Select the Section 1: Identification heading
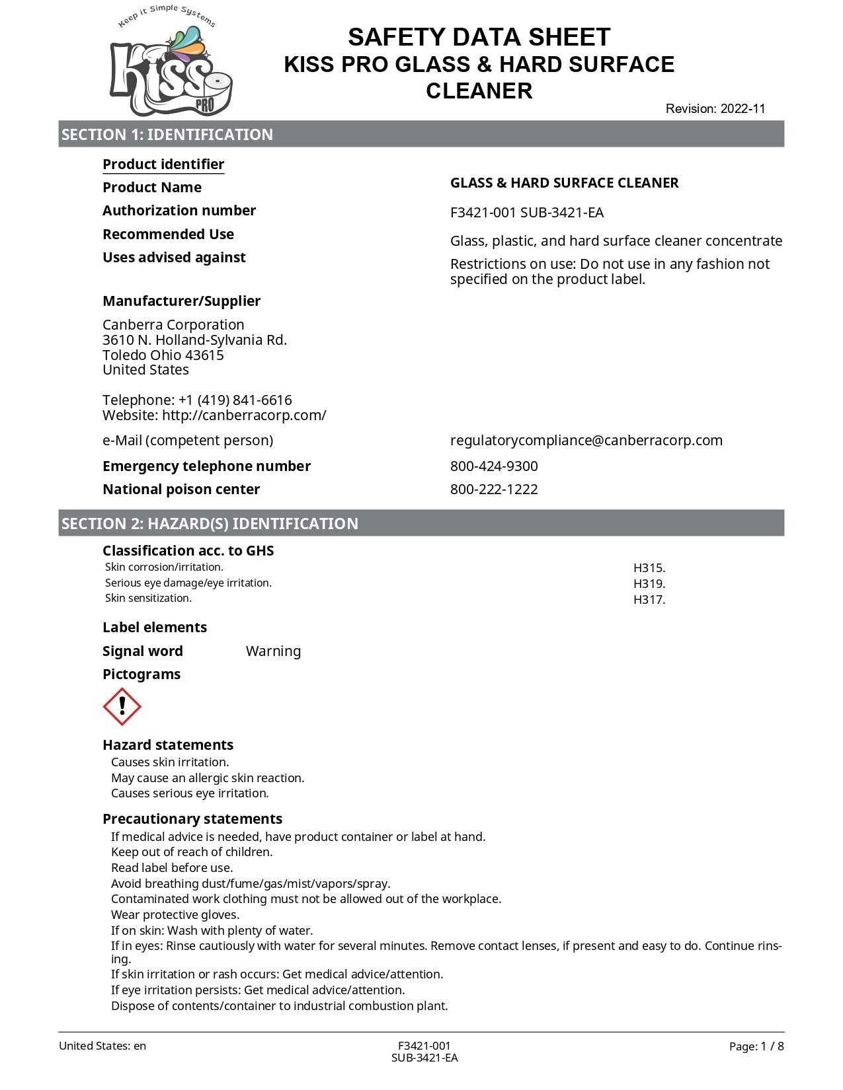(x=167, y=135)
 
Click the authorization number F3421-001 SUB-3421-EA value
(x=527, y=213)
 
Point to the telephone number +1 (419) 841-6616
(x=235, y=400)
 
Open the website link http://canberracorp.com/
(x=244, y=416)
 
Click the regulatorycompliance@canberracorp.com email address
(x=586, y=441)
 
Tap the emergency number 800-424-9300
(x=494, y=466)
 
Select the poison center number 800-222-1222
(x=494, y=490)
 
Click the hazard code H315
(x=649, y=568)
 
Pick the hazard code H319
(x=649, y=584)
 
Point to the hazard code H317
(x=649, y=600)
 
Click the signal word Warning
(x=273, y=651)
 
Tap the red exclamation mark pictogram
(x=122, y=707)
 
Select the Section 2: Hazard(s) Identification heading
(x=210, y=524)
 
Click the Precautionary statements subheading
(x=192, y=819)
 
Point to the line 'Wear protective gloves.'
(x=175, y=915)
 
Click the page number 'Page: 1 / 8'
(x=756, y=1046)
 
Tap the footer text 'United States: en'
(x=102, y=1046)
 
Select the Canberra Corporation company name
(x=173, y=325)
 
